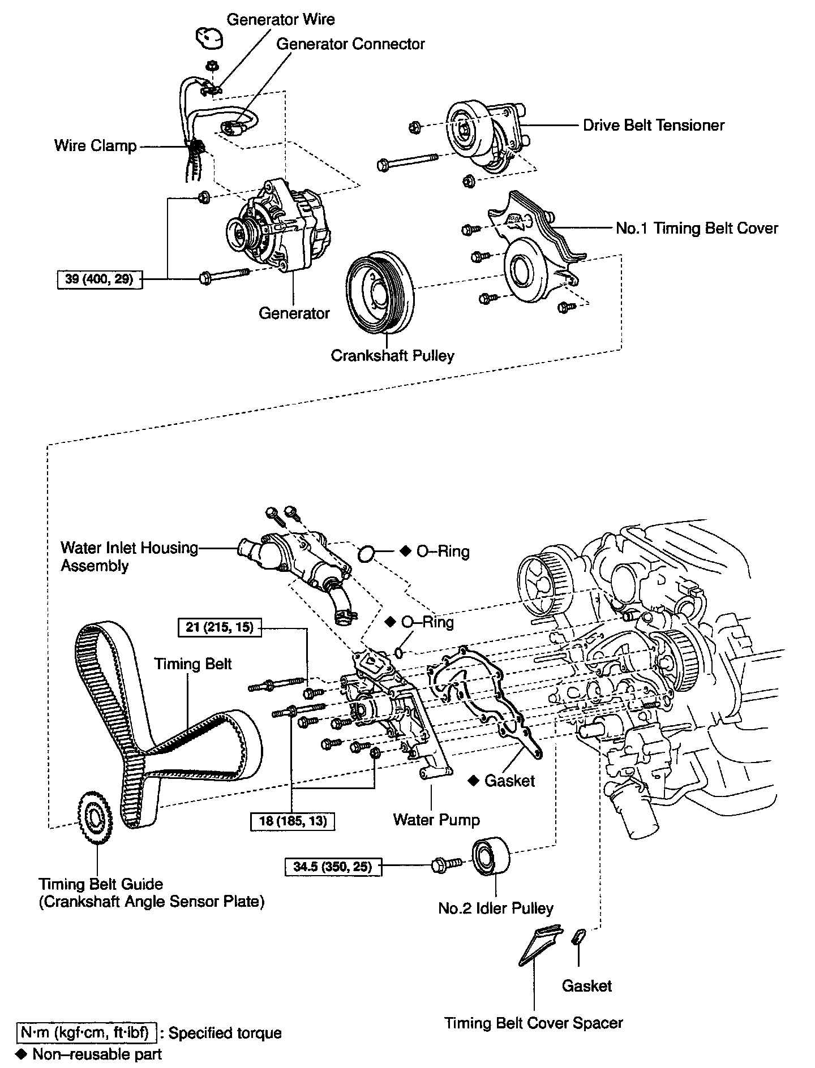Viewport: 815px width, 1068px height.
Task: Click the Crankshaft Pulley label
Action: pos(392,356)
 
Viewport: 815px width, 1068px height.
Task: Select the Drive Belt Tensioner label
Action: pos(654,125)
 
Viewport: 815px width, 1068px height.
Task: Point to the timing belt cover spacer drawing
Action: pos(538,946)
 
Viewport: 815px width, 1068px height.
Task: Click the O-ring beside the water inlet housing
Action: pos(367,553)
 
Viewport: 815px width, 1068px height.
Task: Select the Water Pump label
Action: pos(436,820)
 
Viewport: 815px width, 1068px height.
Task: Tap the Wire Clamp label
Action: pos(96,146)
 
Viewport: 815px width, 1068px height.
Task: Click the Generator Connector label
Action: pos(350,44)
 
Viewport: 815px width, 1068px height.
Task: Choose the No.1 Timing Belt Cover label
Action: pos(697,229)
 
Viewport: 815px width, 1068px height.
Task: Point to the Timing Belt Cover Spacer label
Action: pos(533,1023)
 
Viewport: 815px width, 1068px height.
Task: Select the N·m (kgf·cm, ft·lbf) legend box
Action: pos(85,1033)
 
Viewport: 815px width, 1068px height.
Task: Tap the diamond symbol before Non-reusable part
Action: pos(22,1054)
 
